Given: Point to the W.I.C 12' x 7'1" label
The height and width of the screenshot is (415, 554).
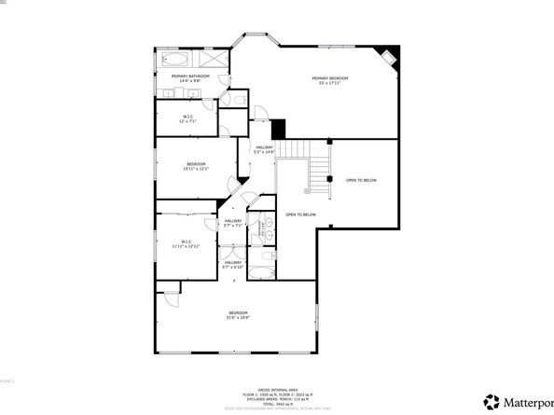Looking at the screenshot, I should pyautogui.click(x=187, y=119).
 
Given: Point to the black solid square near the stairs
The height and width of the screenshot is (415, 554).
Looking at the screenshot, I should pyautogui.click(x=276, y=129).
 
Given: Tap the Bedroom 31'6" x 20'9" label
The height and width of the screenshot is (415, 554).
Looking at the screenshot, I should pyautogui.click(x=239, y=315).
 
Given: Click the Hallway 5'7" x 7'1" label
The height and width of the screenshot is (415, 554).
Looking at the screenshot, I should pyautogui.click(x=232, y=223).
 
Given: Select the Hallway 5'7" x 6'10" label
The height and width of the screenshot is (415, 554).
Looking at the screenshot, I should pyautogui.click(x=232, y=265).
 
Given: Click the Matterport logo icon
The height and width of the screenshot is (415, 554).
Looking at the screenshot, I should pyautogui.click(x=490, y=402).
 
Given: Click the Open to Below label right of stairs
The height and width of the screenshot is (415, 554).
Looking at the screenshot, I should pyautogui.click(x=361, y=180).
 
